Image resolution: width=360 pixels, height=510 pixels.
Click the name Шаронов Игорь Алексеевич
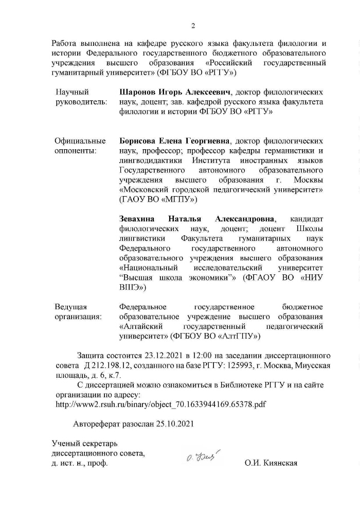174,92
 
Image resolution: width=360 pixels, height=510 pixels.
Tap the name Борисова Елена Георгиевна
174,141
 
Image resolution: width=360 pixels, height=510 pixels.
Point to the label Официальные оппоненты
80,146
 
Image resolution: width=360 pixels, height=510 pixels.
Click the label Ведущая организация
78,312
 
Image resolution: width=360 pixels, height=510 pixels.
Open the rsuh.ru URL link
160,404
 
